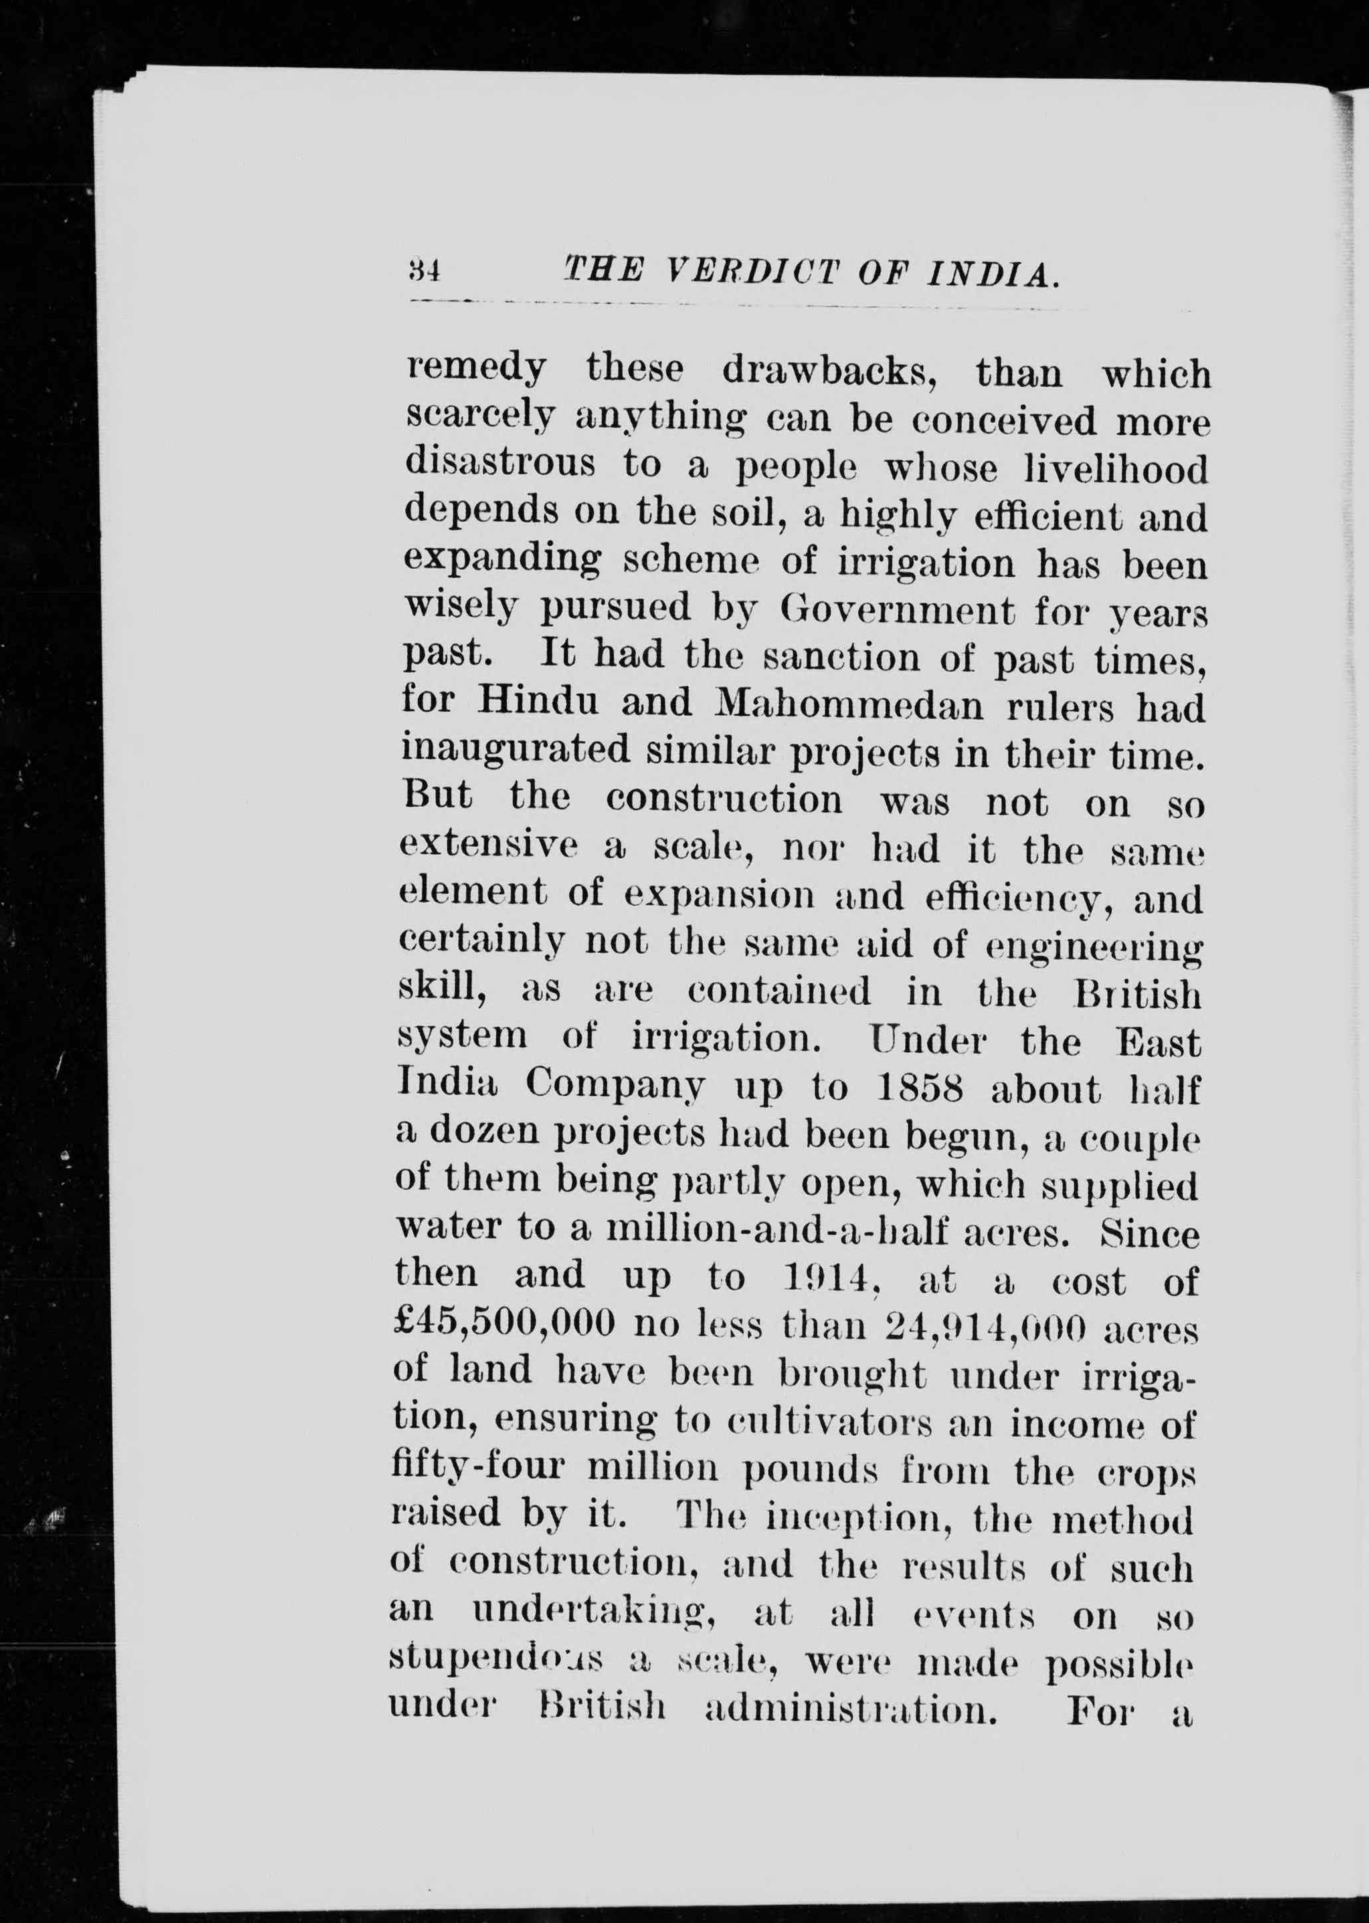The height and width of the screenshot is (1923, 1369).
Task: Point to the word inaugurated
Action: (517, 750)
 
